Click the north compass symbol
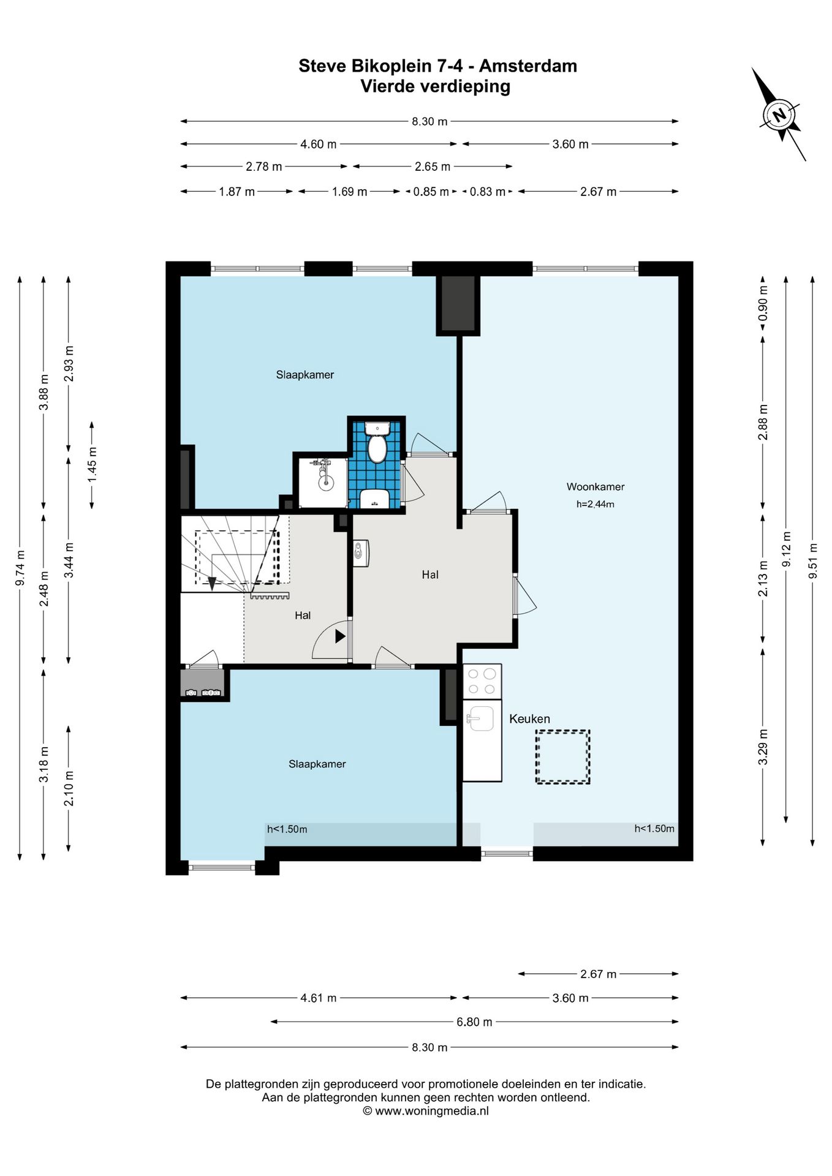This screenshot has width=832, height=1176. (x=779, y=115)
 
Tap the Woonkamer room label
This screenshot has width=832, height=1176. (x=595, y=487)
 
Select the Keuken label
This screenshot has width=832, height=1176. (x=529, y=718)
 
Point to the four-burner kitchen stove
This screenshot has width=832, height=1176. (x=482, y=681)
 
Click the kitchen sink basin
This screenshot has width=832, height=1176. (x=481, y=718)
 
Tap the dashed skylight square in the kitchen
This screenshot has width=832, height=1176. (x=562, y=756)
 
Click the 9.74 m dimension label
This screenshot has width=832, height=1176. (x=20, y=568)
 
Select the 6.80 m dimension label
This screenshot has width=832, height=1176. (x=474, y=1022)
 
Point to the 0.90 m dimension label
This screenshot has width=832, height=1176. (x=763, y=303)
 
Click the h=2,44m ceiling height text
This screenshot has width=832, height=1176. (x=595, y=505)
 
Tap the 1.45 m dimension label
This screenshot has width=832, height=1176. (x=92, y=464)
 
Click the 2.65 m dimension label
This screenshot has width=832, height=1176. (x=433, y=167)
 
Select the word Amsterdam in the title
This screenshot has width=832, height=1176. (x=528, y=66)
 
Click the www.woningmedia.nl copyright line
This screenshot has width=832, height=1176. (x=426, y=1111)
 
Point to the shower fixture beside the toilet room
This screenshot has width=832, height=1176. (x=323, y=475)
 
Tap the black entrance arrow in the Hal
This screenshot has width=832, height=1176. (x=341, y=637)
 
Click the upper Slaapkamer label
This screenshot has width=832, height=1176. (x=304, y=375)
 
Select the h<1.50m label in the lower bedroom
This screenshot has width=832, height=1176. (x=287, y=829)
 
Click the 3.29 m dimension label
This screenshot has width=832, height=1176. (x=763, y=747)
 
